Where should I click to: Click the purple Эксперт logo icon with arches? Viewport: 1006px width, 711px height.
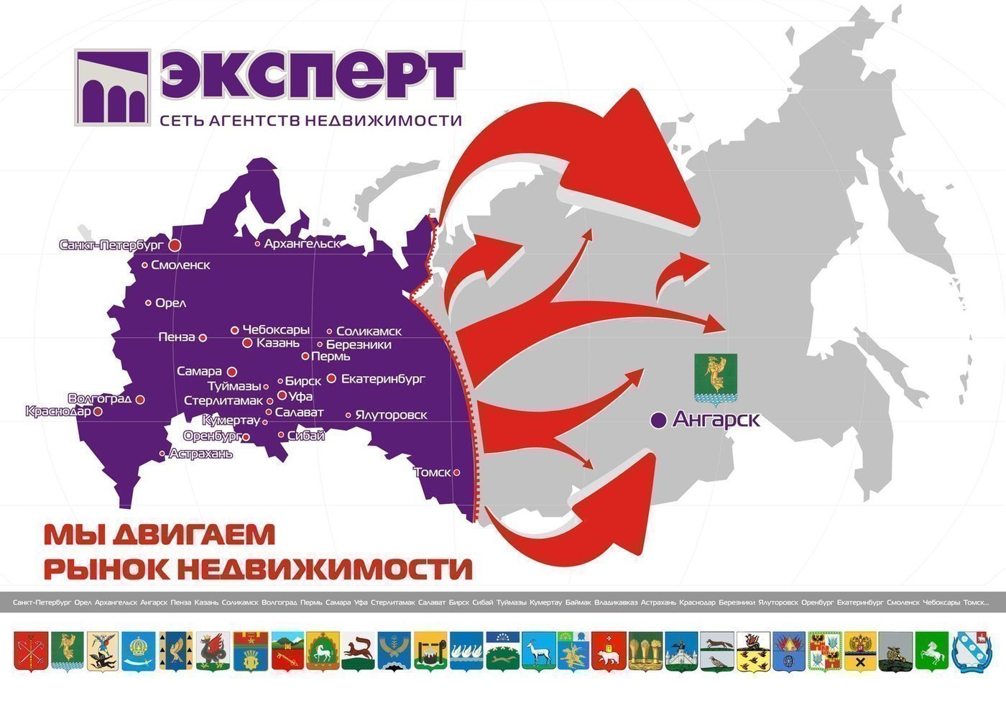pyautogui.click(x=112, y=88)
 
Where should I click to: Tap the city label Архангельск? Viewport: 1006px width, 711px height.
pyautogui.click(x=301, y=244)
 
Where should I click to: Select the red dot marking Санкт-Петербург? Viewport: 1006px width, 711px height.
pyautogui.click(x=175, y=245)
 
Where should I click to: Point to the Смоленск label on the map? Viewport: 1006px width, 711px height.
pyautogui.click(x=180, y=265)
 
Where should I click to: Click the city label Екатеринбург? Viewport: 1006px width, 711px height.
pyautogui.click(x=383, y=379)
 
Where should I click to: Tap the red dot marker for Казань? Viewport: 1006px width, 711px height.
pyautogui.click(x=247, y=343)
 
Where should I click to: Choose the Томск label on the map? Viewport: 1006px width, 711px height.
pyautogui.click(x=433, y=472)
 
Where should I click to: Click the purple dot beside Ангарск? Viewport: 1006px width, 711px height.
pyautogui.click(x=657, y=421)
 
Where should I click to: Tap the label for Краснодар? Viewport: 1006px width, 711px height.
pyautogui.click(x=58, y=411)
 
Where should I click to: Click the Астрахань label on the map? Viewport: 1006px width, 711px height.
pyautogui.click(x=200, y=454)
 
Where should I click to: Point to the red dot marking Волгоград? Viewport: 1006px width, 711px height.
pyautogui.click(x=141, y=400)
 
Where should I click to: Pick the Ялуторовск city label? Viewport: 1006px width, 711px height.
pyautogui.click(x=391, y=415)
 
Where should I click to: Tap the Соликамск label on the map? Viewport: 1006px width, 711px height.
pyautogui.click(x=369, y=331)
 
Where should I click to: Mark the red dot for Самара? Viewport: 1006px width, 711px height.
pyautogui.click(x=231, y=372)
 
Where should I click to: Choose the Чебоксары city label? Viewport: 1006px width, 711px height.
pyautogui.click(x=276, y=330)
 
